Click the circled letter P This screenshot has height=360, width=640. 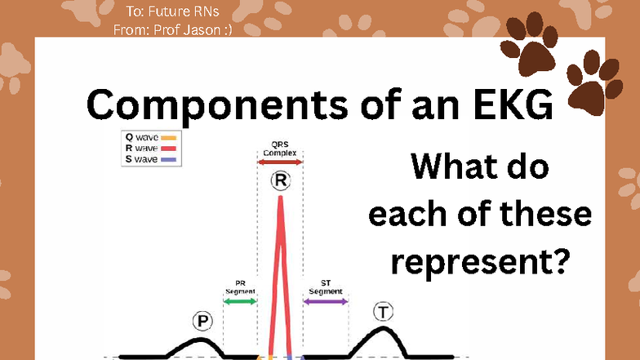(x=202, y=321)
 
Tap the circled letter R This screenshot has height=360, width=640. (x=281, y=180)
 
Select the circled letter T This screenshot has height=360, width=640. (x=384, y=312)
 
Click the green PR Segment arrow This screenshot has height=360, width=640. (x=240, y=302)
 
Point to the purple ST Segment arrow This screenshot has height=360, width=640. (x=326, y=302)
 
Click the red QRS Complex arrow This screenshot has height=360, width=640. (x=280, y=162)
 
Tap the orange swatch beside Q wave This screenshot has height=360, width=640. (x=168, y=138)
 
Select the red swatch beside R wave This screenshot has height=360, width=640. (x=168, y=149)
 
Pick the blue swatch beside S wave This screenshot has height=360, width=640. (x=168, y=160)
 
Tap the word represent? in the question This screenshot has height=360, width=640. (x=480, y=261)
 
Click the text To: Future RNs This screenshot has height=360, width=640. (x=172, y=11)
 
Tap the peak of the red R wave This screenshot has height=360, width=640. (x=281, y=198)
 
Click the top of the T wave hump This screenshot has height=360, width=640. (x=383, y=328)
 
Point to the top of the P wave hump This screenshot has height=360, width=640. (x=201, y=340)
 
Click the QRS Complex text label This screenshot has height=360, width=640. (x=279, y=149)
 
